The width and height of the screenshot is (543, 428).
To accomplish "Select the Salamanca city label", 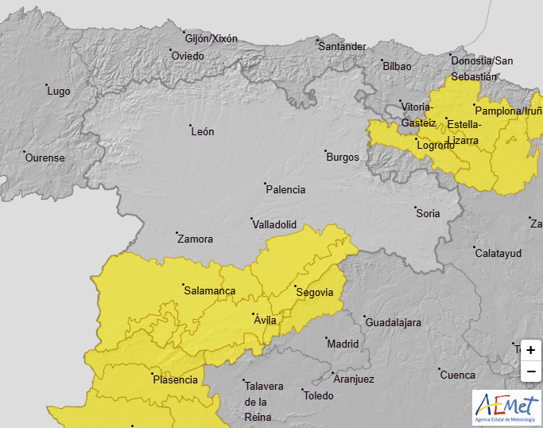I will point(209,291).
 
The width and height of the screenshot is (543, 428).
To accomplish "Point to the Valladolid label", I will point(274,225).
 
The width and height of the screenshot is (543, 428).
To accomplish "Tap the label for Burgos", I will point(343,157).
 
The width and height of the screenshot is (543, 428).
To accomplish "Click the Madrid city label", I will point(343,344).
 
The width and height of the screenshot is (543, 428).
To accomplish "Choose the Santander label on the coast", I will point(342,46).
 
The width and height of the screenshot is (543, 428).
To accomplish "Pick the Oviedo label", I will point(188,56).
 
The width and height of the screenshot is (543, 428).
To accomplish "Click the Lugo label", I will point(59,91).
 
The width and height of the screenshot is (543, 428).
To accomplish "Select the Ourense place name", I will point(45,158).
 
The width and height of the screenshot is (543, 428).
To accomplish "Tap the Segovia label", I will point(314,293).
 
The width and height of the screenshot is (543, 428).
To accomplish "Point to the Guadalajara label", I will point(393,323).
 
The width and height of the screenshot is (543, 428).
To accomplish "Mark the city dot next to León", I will point(190,126).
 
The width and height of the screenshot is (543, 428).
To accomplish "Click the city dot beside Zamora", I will point(176,232).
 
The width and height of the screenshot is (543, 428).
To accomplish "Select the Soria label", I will point(428,213).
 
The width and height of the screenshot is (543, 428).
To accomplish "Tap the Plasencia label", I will point(175,379).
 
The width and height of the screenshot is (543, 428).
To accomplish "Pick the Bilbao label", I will point(397,66).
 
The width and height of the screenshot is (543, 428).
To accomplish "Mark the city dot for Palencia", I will point(265,183).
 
